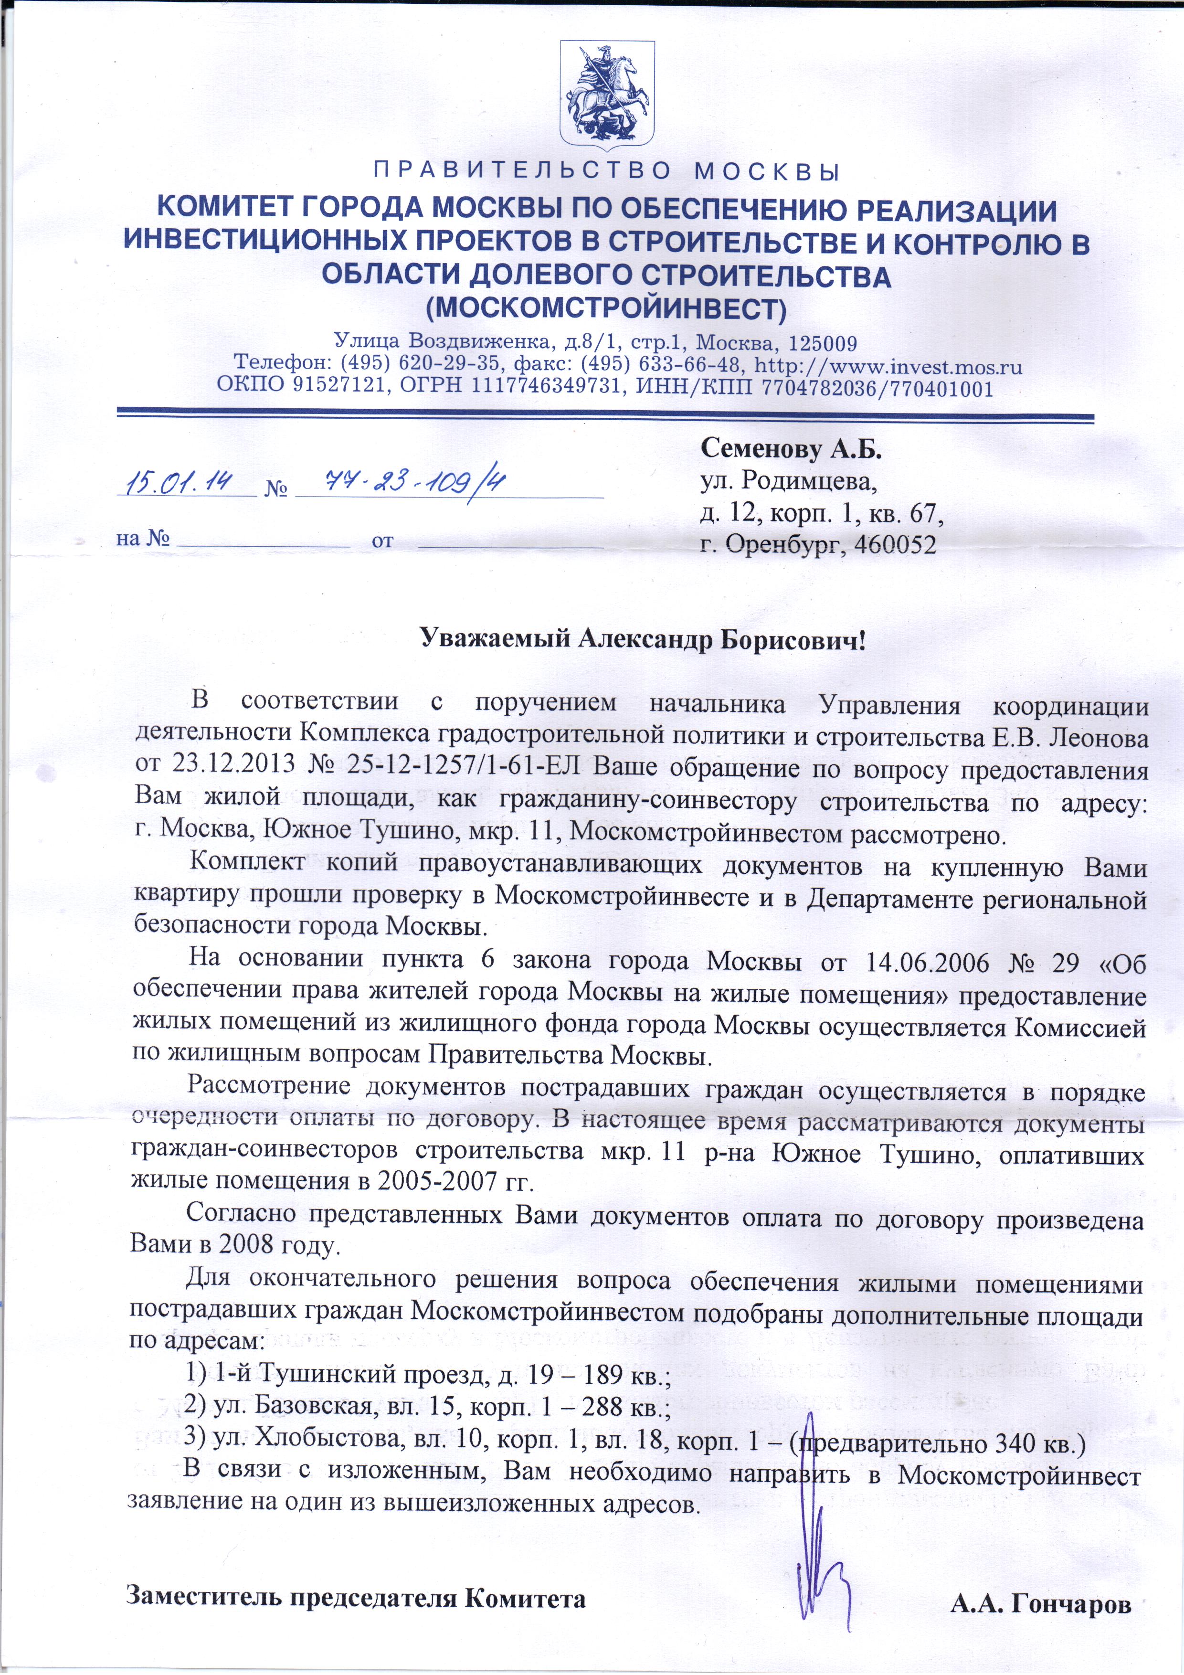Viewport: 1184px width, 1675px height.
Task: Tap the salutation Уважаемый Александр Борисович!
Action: point(643,640)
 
